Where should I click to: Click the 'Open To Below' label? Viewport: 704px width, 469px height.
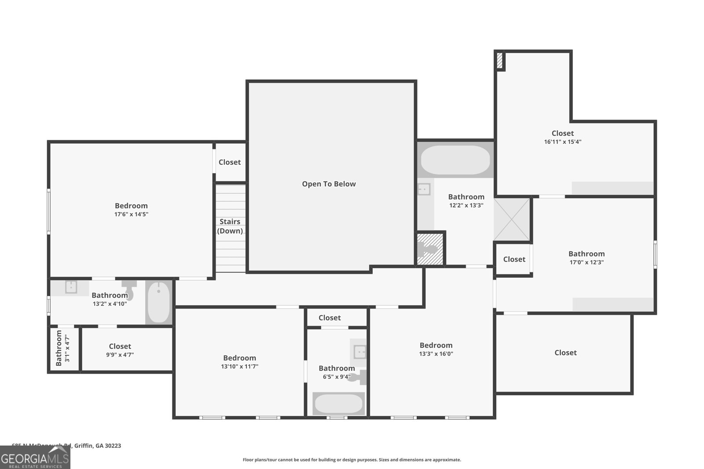(329, 184)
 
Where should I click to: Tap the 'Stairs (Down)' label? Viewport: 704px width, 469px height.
(230, 226)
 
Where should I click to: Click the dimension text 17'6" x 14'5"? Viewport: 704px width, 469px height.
(131, 215)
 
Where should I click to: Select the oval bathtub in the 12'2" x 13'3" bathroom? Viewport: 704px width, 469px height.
(455, 160)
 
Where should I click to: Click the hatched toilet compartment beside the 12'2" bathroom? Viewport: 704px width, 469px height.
(430, 249)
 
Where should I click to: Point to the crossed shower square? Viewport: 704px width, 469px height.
(512, 219)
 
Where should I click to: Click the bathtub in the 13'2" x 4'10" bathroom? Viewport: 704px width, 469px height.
(158, 302)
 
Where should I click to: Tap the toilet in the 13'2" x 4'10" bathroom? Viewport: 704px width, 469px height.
(129, 290)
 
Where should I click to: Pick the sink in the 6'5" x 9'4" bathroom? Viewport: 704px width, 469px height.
(360, 352)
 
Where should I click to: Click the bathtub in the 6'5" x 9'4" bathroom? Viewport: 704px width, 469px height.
(338, 404)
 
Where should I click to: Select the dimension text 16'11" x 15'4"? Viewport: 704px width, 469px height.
(563, 142)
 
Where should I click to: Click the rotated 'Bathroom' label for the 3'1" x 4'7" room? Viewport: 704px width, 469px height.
(59, 349)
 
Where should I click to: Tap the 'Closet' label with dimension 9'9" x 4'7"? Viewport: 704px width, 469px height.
(120, 346)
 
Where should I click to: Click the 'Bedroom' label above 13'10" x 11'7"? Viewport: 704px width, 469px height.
(239, 358)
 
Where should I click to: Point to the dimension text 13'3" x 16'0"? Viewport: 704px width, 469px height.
(436, 354)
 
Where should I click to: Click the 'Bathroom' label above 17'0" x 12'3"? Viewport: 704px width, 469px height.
(587, 254)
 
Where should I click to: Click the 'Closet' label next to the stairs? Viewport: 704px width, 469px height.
(230, 162)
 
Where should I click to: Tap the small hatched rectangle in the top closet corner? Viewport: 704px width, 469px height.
(500, 60)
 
